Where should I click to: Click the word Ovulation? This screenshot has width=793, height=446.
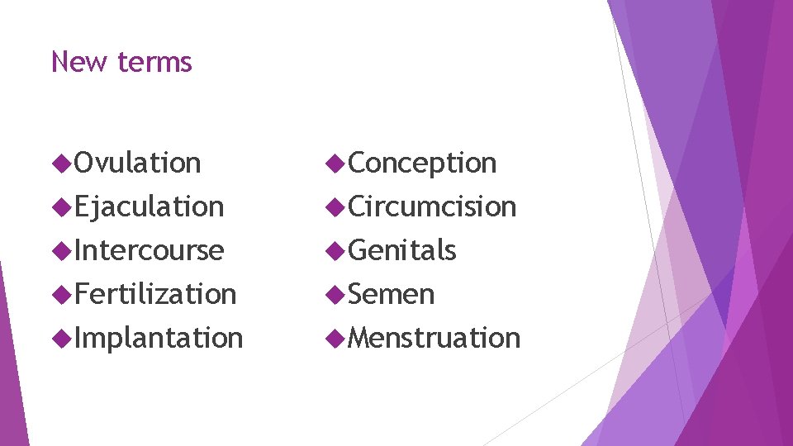tap(137, 164)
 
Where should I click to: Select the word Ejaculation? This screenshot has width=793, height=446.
tap(149, 206)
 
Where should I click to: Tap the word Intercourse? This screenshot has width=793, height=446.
tap(149, 250)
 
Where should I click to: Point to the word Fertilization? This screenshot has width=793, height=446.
tap(155, 294)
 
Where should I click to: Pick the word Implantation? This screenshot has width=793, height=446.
tap(159, 338)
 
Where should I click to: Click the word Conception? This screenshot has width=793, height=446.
tap(422, 164)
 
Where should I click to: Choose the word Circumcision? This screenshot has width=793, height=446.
tap(432, 206)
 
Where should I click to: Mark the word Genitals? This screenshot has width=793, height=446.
tap(402, 250)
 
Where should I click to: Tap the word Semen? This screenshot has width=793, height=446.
tap(392, 294)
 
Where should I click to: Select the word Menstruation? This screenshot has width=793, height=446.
tap(434, 338)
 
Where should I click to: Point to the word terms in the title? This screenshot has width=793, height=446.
tap(154, 62)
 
